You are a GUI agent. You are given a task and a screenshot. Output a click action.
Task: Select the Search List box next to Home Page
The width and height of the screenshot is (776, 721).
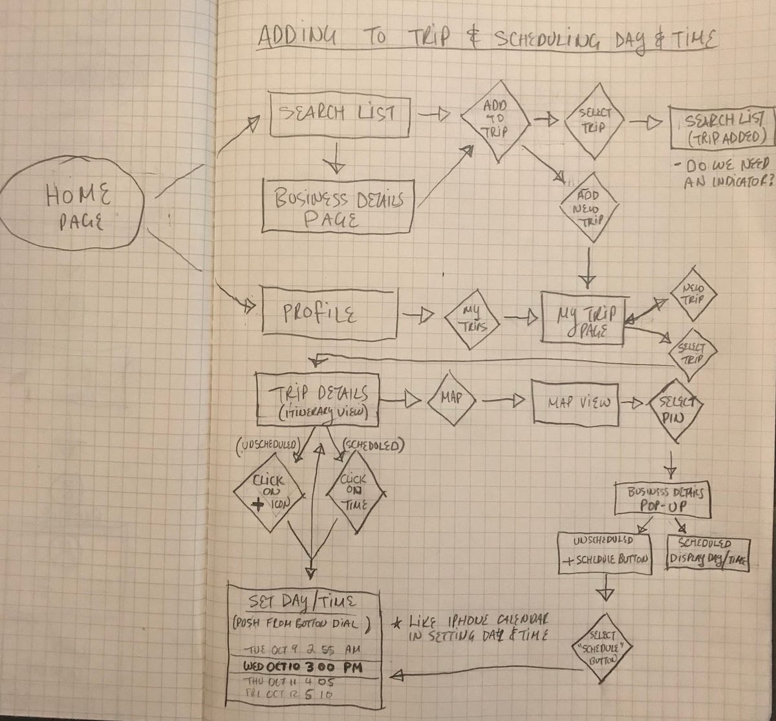tap(339, 114)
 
